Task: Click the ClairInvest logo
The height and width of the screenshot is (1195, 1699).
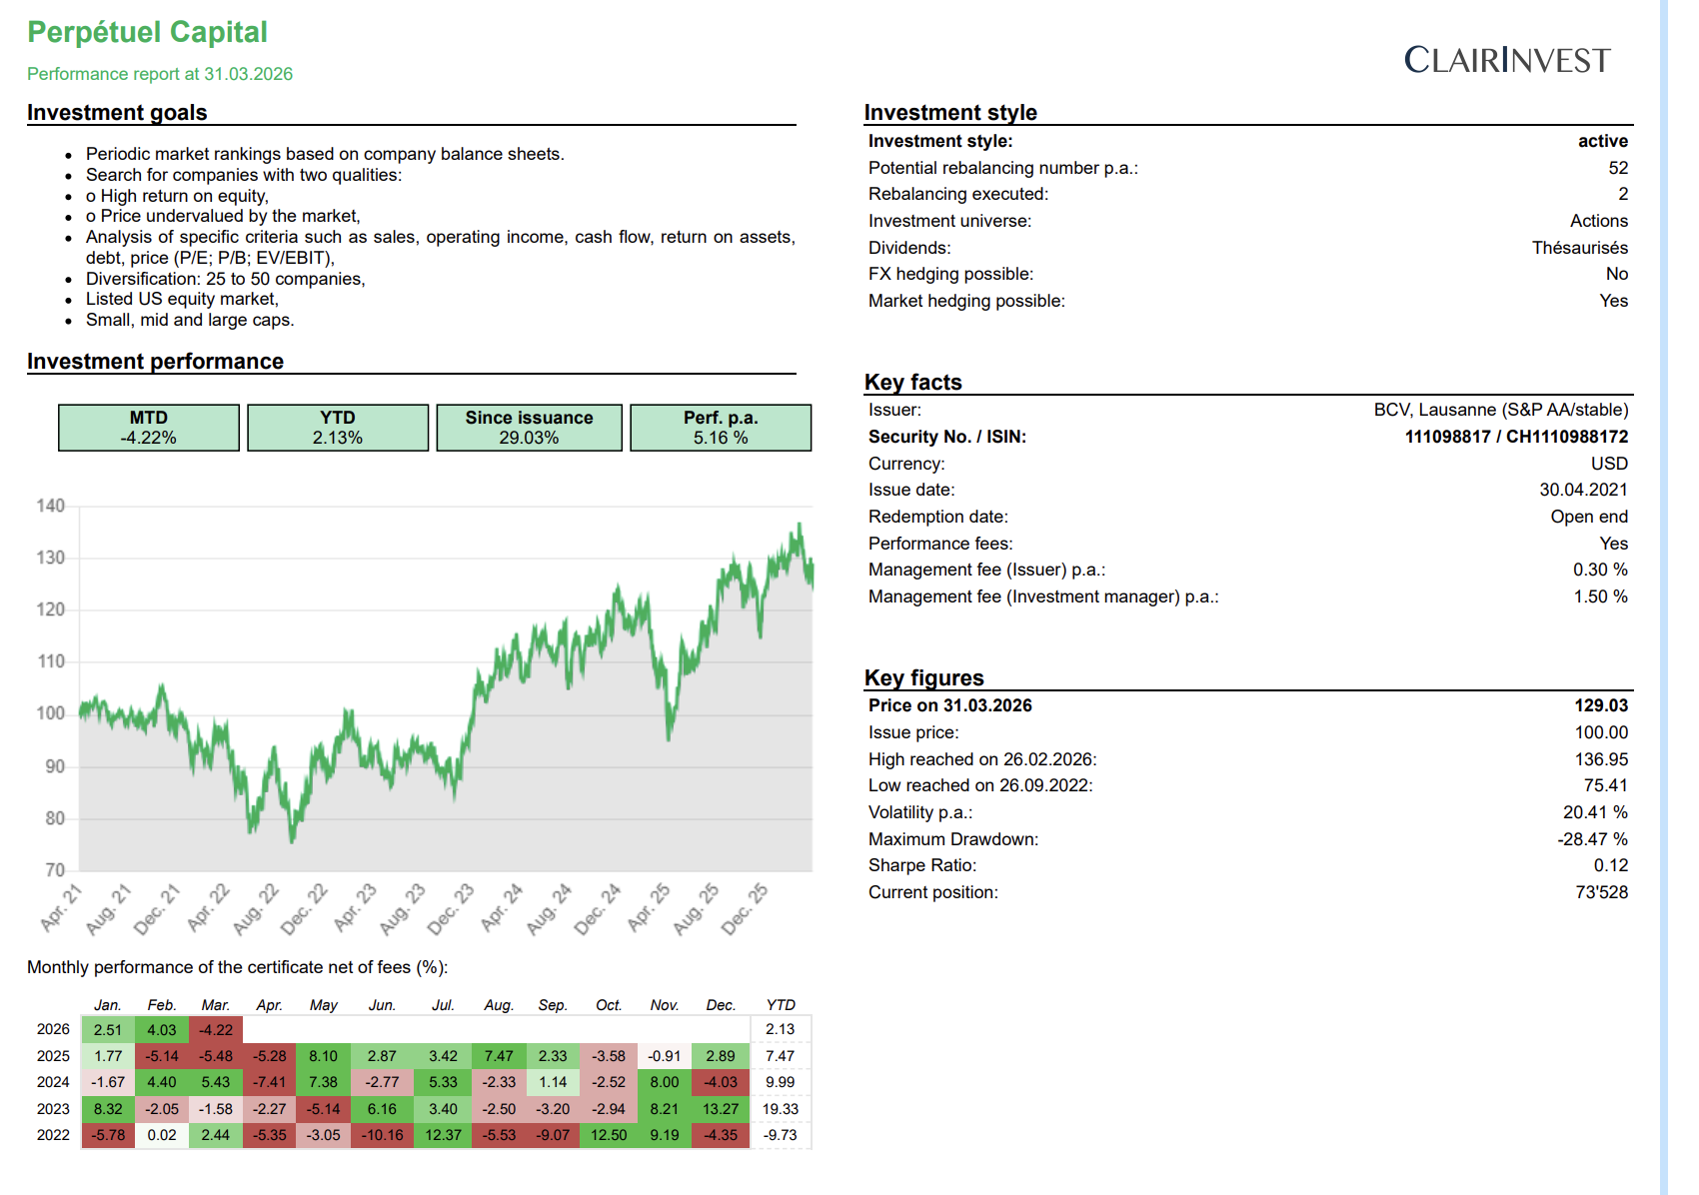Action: click(x=1506, y=60)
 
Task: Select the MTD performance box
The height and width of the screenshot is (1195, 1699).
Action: click(x=149, y=428)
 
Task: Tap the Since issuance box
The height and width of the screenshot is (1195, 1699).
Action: click(x=529, y=428)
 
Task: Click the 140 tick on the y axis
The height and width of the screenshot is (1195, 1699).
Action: click(x=51, y=506)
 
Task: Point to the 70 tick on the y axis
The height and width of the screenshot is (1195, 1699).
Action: click(x=55, y=870)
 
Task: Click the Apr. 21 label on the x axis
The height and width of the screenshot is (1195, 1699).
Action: click(x=61, y=907)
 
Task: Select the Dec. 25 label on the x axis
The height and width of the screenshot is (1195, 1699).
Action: click(x=745, y=908)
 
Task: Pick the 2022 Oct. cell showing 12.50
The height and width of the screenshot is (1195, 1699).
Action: click(x=609, y=1135)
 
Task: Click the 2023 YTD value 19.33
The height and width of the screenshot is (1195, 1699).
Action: click(x=781, y=1109)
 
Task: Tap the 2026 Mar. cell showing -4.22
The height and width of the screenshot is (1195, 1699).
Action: click(x=216, y=1030)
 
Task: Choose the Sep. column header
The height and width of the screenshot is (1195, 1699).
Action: click(x=553, y=1005)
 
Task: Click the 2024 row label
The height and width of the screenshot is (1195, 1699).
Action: click(x=53, y=1082)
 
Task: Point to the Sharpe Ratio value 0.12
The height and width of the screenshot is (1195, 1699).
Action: click(x=1610, y=865)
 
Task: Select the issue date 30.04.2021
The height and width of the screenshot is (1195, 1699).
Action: click(x=1583, y=490)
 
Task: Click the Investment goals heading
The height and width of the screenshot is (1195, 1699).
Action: click(x=117, y=113)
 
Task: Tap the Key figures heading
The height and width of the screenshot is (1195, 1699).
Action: click(x=923, y=678)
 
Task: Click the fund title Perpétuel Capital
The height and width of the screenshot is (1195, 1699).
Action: click(x=147, y=32)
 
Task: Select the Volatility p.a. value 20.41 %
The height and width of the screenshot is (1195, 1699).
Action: click(x=1595, y=812)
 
